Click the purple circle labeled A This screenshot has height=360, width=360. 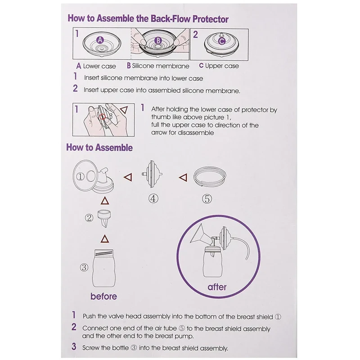[100, 40]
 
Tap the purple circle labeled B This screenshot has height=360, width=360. [158, 41]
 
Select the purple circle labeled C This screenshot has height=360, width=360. [221, 41]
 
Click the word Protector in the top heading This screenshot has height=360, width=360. [210, 19]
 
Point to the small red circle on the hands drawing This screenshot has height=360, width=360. [103, 117]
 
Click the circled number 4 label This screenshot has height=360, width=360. [153, 198]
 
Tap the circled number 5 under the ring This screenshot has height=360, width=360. [207, 199]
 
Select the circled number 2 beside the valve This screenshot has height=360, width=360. [89, 218]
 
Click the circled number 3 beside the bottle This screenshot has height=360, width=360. [84, 267]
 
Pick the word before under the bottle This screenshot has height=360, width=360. [103, 296]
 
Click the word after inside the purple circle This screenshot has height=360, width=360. [217, 287]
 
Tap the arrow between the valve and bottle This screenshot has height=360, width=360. [105, 239]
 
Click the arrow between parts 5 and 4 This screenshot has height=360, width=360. [183, 177]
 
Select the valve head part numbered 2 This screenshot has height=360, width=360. [104, 218]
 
